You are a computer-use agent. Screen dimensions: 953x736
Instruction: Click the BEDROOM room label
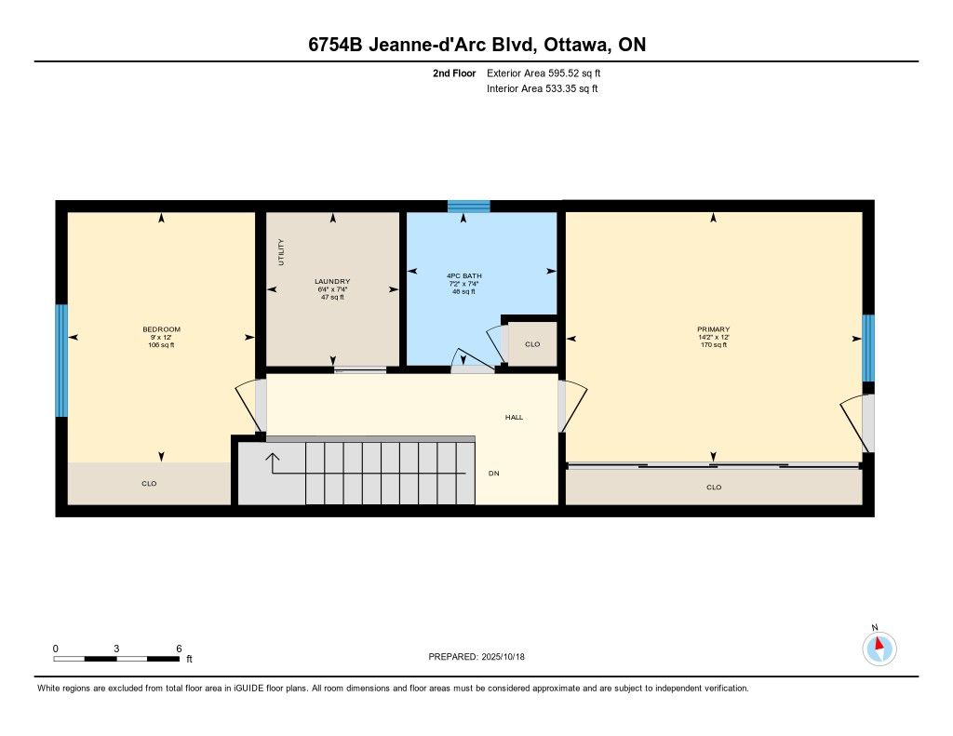tap(161, 329)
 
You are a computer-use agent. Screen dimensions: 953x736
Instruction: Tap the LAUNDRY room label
tap(332, 281)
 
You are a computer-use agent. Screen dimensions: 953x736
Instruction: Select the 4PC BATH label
tap(464, 276)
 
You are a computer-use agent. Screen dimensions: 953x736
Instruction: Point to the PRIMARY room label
tap(714, 329)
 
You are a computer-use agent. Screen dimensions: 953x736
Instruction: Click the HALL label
tap(514, 418)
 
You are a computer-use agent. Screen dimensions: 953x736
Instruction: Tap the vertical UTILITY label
tap(281, 252)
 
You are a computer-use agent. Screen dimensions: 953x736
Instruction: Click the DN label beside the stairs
tap(494, 474)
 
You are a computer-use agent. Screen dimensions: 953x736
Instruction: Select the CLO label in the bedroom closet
tap(149, 484)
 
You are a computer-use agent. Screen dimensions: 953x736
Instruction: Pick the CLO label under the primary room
tap(714, 488)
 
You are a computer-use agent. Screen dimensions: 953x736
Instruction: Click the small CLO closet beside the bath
tap(531, 344)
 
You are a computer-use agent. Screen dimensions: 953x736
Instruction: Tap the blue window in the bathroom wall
tap(469, 206)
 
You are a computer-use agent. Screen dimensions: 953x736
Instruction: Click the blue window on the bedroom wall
tap(61, 360)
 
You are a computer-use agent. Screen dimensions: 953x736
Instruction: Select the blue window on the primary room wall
tap(868, 348)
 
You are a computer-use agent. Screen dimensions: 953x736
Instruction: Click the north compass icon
tap(879, 648)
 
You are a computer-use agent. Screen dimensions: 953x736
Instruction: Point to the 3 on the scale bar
tap(116, 649)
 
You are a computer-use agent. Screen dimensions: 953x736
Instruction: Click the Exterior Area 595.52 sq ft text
tap(544, 74)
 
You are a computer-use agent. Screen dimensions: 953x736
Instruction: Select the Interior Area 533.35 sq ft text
tap(543, 88)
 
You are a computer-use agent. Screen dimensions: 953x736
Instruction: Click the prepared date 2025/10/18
tap(503, 657)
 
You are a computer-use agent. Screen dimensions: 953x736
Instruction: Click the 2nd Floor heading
tap(454, 74)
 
